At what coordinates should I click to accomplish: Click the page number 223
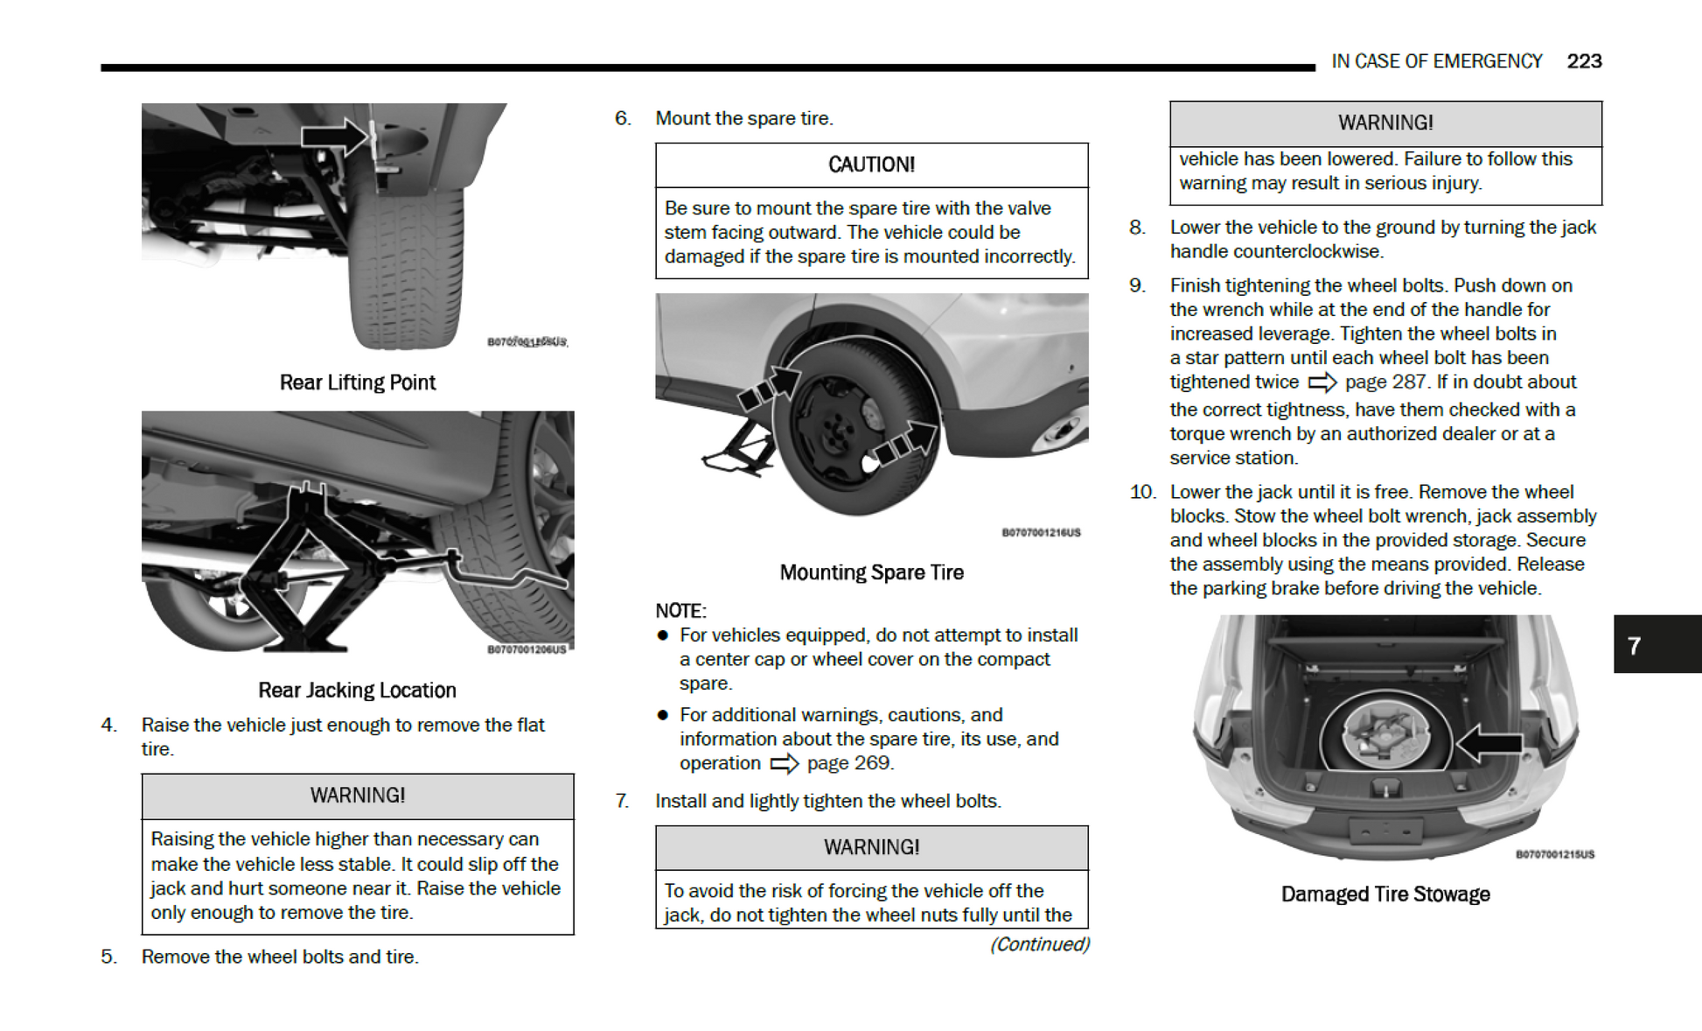coord(1583,61)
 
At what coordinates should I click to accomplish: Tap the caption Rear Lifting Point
coord(357,382)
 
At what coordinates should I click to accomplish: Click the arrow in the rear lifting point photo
coord(335,137)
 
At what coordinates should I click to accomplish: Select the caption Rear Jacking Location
coord(357,691)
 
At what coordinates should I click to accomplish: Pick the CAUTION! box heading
coord(871,165)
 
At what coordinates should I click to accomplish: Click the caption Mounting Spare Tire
coord(871,572)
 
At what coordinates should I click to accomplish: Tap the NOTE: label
coord(680,611)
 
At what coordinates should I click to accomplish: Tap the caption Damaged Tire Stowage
coord(1385,894)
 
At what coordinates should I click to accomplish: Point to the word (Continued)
coord(1039,944)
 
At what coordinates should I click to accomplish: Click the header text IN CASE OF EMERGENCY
coord(1436,61)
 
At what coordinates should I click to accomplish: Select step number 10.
coord(1142,492)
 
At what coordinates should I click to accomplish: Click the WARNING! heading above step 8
coord(1385,123)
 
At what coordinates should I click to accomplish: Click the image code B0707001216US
coord(1041,532)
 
